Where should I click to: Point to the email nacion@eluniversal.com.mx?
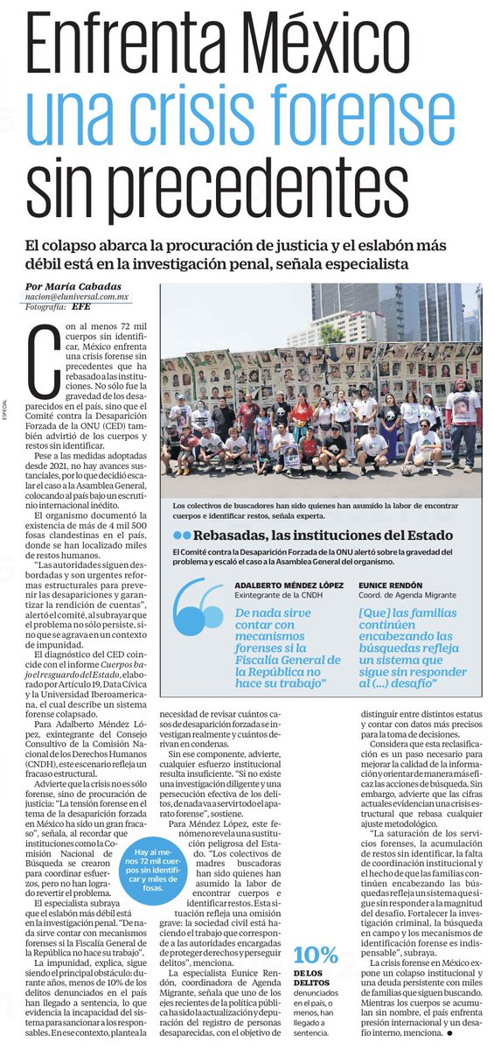pos(77,297)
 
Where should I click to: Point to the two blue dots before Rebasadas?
pos(182,535)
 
